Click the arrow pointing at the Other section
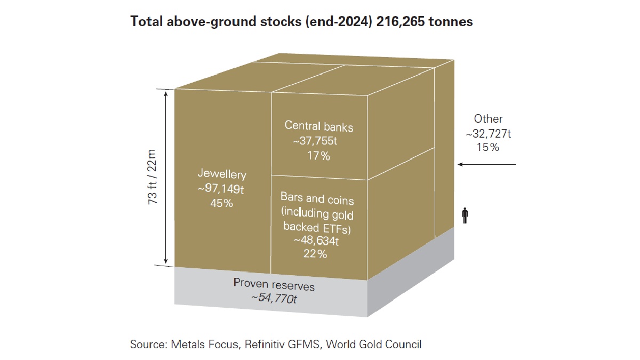487,165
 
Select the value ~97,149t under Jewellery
222,188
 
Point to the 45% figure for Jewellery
222,203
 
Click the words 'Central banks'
318,127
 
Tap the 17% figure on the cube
318,156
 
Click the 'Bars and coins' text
317,198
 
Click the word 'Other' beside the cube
488,119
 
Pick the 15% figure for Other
488,147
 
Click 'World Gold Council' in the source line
373,345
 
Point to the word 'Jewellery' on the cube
222,174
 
